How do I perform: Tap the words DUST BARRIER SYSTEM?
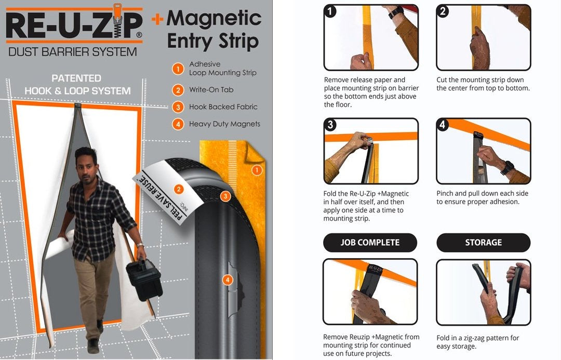[x=73, y=52]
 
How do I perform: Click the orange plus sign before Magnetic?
[x=157, y=19]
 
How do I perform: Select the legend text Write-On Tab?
[x=211, y=90]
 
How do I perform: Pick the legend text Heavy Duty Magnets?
[x=224, y=124]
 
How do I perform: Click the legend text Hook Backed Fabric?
[x=223, y=107]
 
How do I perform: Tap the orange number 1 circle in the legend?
[x=178, y=69]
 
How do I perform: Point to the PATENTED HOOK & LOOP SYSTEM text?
[x=77, y=85]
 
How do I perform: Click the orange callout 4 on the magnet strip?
[x=227, y=280]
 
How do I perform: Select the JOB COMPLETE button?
[x=370, y=243]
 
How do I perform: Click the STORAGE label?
[x=483, y=243]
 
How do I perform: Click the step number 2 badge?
[x=443, y=11]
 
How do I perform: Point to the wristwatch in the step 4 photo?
[x=507, y=167]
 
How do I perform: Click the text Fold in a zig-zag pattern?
[x=477, y=338]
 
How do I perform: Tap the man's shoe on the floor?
[x=94, y=345]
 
